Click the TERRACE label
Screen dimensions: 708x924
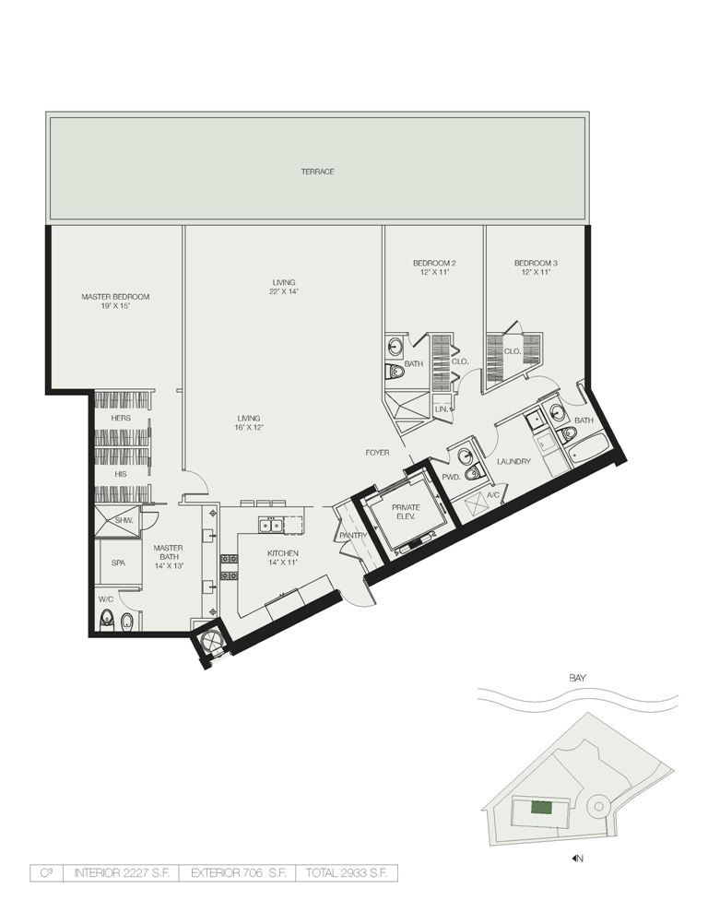click(x=317, y=172)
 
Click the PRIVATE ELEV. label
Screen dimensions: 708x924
click(x=407, y=512)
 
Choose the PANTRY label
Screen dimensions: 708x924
click(x=353, y=535)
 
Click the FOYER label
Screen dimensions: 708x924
click(x=377, y=453)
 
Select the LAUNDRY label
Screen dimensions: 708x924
click(x=513, y=461)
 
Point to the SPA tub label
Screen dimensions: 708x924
click(x=118, y=563)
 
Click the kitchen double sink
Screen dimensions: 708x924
click(x=272, y=524)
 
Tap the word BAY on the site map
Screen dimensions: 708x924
click(x=578, y=679)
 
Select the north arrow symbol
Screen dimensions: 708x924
click(x=574, y=858)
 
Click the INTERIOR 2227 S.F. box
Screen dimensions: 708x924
click(x=122, y=873)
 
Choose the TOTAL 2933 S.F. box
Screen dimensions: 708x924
click(x=347, y=873)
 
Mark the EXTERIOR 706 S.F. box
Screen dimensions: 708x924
click(x=237, y=873)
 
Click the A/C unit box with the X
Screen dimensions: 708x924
click(x=475, y=504)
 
